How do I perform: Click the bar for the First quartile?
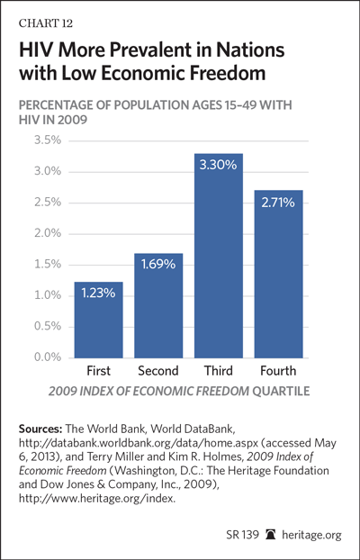[x=99, y=320]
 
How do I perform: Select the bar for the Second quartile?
[x=158, y=306]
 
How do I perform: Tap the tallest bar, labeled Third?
[x=219, y=256]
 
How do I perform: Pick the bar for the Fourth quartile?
[x=279, y=274]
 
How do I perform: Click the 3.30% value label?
[x=218, y=166]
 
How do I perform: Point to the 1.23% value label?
[x=98, y=294]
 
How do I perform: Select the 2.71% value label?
[x=278, y=203]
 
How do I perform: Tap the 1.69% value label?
[x=158, y=265]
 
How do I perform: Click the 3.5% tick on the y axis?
[x=47, y=140]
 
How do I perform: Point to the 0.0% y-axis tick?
[x=47, y=357]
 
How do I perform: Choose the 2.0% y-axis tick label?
[x=47, y=233]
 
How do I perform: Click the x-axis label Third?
[x=218, y=371]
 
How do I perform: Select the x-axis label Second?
[x=158, y=371]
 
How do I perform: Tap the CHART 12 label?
[x=46, y=23]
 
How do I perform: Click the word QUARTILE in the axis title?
[x=281, y=391]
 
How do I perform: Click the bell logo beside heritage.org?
[x=270, y=536]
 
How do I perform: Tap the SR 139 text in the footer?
[x=242, y=536]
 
